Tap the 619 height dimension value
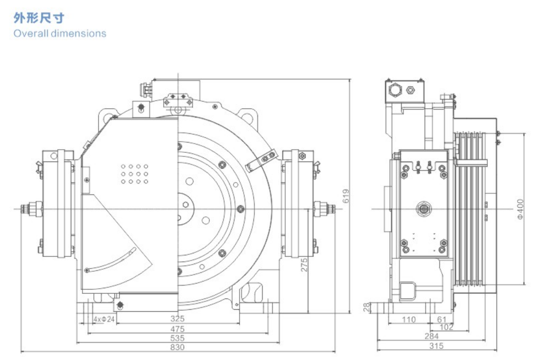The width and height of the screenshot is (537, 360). coord(346,195)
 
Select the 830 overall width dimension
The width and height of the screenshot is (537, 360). coord(177,348)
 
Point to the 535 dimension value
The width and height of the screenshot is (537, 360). coord(177,338)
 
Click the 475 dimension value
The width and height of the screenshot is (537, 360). coord(177,329)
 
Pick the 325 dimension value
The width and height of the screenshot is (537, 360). coord(177,319)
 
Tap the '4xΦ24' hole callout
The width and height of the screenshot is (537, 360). coord(104,319)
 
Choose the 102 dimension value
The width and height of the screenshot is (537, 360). coord(447,327)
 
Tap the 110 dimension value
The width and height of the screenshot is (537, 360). coord(408,319)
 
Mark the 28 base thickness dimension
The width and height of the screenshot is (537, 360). coord(366,307)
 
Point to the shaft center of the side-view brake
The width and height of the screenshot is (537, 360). coord(424,209)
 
